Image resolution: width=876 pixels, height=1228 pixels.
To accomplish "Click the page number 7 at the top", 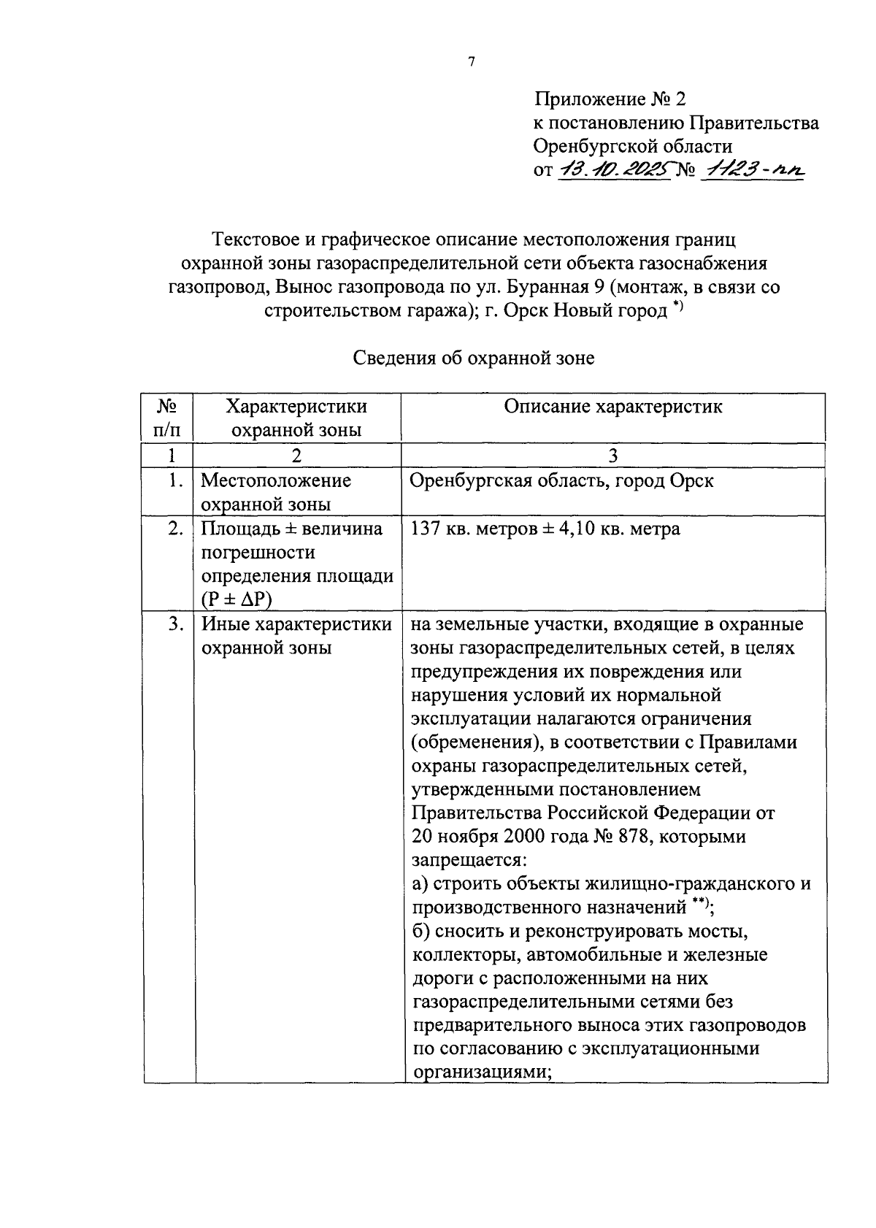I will point(471,62).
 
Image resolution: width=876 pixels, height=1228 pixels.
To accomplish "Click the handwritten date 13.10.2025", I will point(615,171).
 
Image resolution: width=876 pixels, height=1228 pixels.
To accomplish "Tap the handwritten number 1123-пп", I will point(752,171).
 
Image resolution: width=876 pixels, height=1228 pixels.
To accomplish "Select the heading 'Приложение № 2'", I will point(610,99).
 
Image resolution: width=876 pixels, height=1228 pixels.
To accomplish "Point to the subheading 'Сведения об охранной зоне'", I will point(474,358).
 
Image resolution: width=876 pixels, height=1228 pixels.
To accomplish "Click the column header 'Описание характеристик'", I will point(613,407).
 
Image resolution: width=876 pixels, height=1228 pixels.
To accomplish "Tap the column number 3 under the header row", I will point(613,456).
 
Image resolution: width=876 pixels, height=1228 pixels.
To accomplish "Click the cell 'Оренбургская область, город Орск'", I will point(562,481).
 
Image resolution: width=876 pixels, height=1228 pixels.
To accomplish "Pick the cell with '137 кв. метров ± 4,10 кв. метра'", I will point(545,529).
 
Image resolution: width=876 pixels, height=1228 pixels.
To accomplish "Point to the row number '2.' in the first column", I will point(174,529).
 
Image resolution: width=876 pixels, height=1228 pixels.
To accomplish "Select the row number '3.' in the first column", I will point(174,625).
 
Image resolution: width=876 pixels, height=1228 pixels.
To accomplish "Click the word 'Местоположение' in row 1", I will point(276,481).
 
